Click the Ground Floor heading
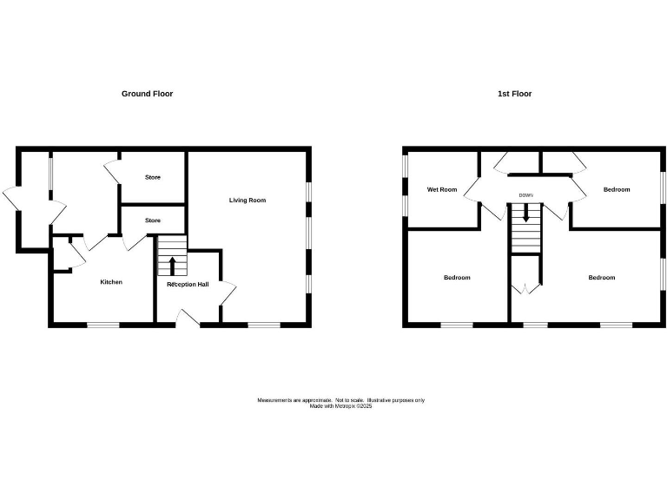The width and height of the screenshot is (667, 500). pos(147,94)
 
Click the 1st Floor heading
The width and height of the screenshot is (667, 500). pos(514,94)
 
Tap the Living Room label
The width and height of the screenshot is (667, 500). pos(248,201)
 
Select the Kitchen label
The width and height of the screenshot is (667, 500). pos(111,282)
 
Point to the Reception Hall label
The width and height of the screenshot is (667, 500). pos(188,284)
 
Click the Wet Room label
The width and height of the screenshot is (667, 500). pos(441,189)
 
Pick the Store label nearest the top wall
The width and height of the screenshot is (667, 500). pos(153,178)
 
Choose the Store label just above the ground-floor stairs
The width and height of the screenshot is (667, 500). pos(153,220)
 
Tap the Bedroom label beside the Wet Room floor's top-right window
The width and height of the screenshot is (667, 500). pos(617,189)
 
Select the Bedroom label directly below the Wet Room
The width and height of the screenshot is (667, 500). pos(457,278)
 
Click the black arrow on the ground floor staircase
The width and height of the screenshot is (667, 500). pos(172,264)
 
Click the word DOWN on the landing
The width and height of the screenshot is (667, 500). pos(525,195)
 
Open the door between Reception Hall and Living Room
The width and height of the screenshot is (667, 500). pos(228,293)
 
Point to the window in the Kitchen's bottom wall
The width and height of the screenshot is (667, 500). pos(102,326)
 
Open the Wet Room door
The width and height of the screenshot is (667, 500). pos(472,189)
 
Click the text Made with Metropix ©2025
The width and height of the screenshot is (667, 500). pos(340,406)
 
